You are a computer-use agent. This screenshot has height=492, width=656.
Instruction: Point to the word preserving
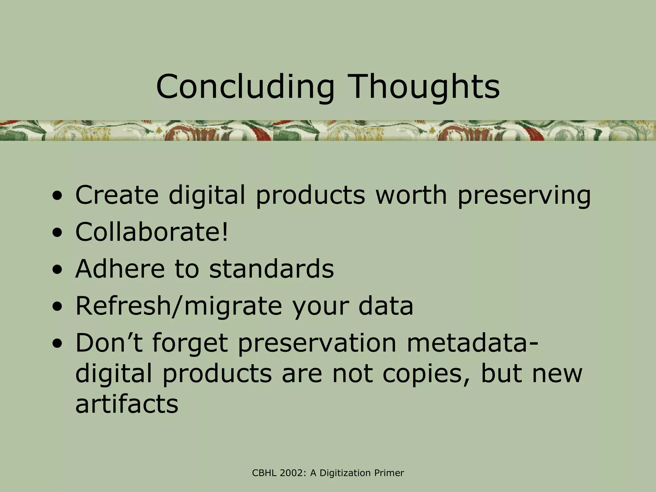pyautogui.click(x=524, y=196)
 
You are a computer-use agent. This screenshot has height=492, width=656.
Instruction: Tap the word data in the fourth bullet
pyautogui.click(x=386, y=306)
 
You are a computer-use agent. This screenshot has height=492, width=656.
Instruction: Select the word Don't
pyautogui.click(x=109, y=343)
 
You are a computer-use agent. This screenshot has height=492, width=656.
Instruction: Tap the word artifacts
pyautogui.click(x=127, y=404)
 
